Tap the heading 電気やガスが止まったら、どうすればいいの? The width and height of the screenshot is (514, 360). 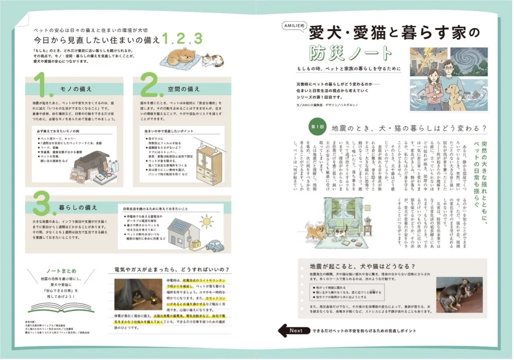(172, 269)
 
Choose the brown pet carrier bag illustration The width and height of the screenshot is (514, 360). (92, 162)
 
